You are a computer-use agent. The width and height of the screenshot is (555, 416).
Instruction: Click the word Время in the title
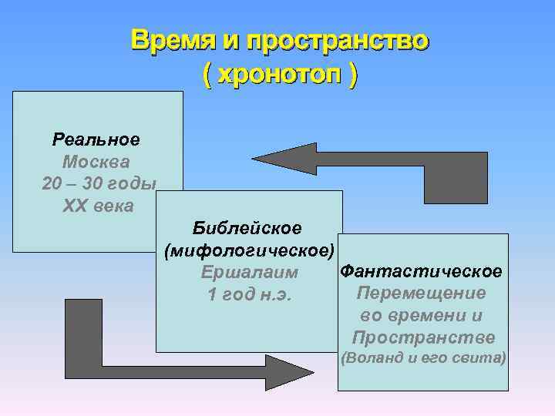[169, 40]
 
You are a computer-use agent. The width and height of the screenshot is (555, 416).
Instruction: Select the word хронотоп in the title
[281, 75]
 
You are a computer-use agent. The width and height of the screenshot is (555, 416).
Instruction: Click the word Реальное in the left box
[96, 140]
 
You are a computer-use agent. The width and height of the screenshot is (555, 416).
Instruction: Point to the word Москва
[96, 163]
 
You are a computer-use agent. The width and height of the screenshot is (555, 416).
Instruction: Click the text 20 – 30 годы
[99, 185]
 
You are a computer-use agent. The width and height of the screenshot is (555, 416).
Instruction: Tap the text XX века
[97, 206]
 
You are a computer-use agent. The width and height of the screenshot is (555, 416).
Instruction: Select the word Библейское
[247, 228]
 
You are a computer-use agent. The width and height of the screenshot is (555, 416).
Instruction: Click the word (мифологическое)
[250, 250]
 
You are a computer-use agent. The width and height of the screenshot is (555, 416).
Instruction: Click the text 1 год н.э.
[250, 295]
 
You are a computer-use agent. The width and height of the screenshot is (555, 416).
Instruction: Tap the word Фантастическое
[422, 271]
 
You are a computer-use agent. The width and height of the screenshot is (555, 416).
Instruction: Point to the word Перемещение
[422, 294]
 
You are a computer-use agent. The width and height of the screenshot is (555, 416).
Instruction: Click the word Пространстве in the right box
[423, 338]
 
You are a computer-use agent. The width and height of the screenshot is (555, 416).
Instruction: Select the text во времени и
[422, 316]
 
